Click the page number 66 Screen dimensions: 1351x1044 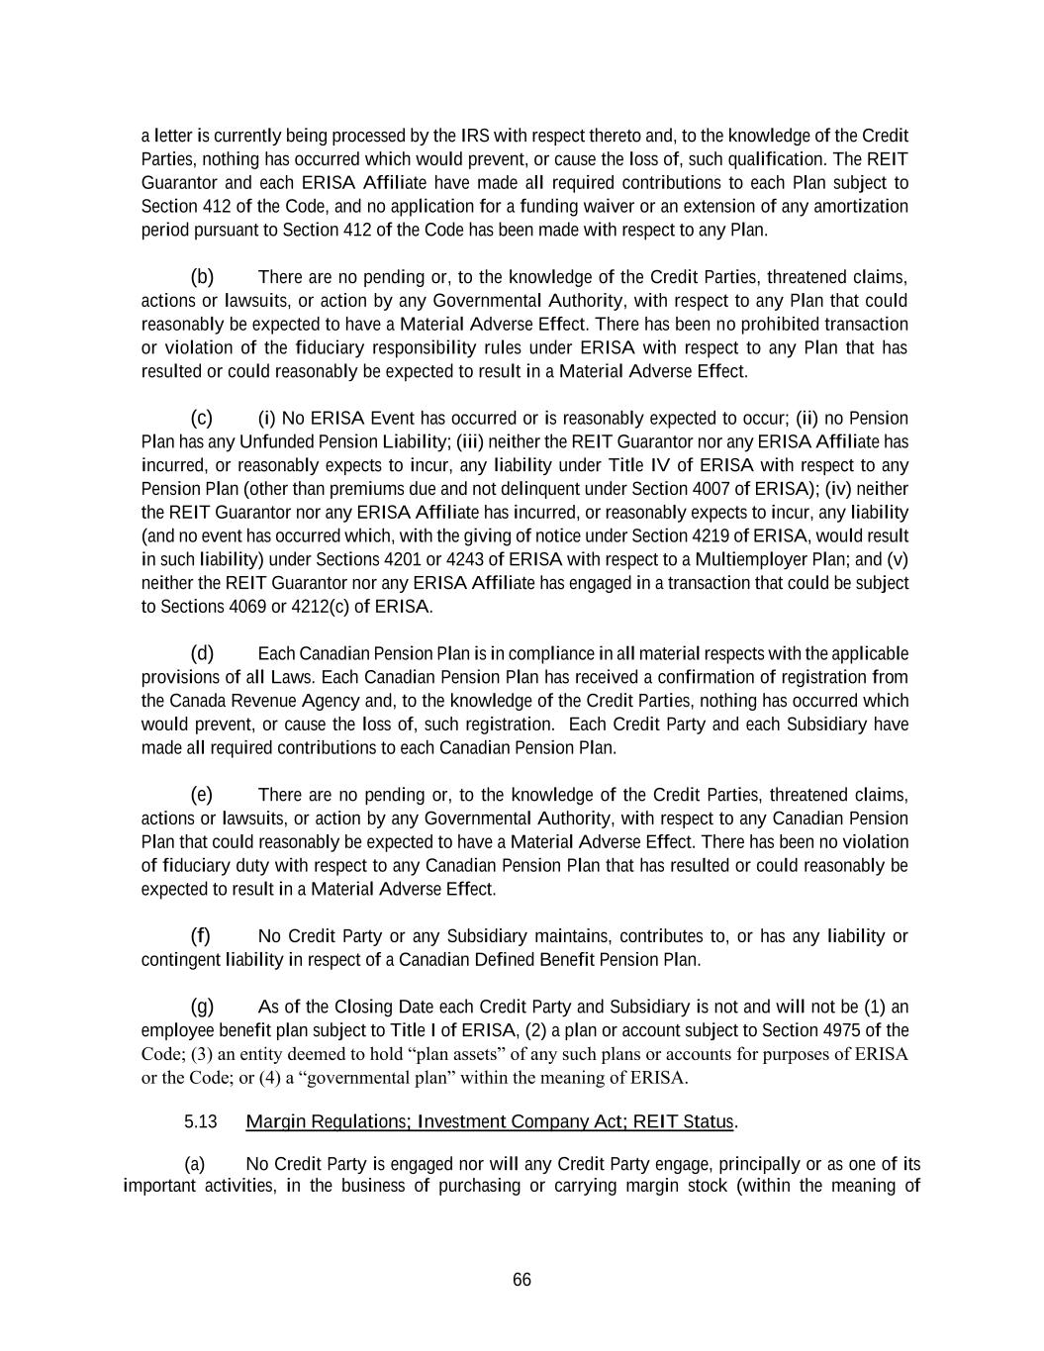tap(522, 1280)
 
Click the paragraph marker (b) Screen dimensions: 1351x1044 tap(202, 276)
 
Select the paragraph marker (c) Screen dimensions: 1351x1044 tap(202, 418)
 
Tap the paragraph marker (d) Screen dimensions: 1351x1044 tap(202, 653)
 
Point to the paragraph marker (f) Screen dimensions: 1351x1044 tap(201, 935)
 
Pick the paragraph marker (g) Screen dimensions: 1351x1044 tap(202, 1007)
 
